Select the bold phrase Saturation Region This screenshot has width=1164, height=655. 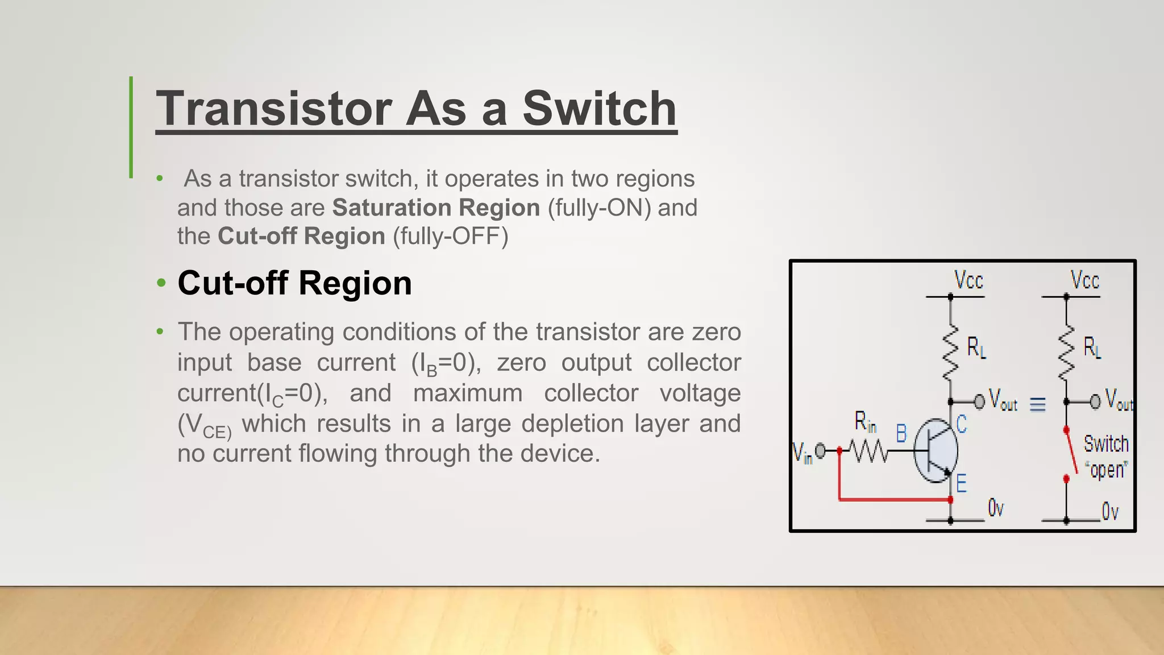pyautogui.click(x=436, y=208)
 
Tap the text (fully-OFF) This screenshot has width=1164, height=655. pyautogui.click(x=451, y=236)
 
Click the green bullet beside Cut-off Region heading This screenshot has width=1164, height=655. pyautogui.click(x=161, y=283)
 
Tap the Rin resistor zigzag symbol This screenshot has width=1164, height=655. pyautogui.click(x=868, y=451)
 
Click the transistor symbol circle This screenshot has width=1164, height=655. pyautogui.click(x=936, y=450)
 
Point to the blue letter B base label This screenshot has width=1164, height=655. pyautogui.click(x=901, y=433)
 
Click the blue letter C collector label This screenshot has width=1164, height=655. pyautogui.click(x=961, y=424)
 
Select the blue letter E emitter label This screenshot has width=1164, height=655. pyautogui.click(x=961, y=484)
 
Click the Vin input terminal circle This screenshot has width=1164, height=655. pyautogui.click(x=820, y=451)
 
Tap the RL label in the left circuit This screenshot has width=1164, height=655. pyautogui.click(x=976, y=347)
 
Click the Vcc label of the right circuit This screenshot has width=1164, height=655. pyautogui.click(x=1084, y=280)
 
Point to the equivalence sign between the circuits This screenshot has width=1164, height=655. pyautogui.click(x=1037, y=404)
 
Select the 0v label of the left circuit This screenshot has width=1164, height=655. pyautogui.click(x=996, y=508)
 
